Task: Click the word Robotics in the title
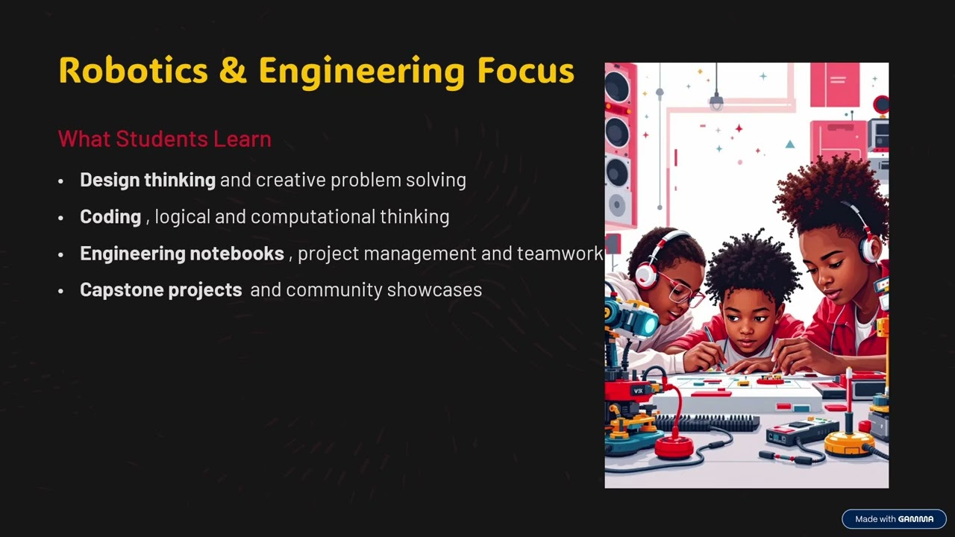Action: (134, 71)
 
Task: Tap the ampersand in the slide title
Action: (233, 71)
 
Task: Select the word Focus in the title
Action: (525, 71)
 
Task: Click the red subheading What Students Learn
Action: (164, 139)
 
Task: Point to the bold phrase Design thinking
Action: (147, 180)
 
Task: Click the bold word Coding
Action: (110, 216)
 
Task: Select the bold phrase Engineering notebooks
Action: (181, 254)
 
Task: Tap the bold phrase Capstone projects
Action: (160, 289)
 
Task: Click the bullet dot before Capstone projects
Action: (61, 291)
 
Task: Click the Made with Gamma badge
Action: (894, 519)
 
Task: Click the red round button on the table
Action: (673, 447)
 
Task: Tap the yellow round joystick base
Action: (849, 442)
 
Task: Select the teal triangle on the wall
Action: (790, 144)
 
